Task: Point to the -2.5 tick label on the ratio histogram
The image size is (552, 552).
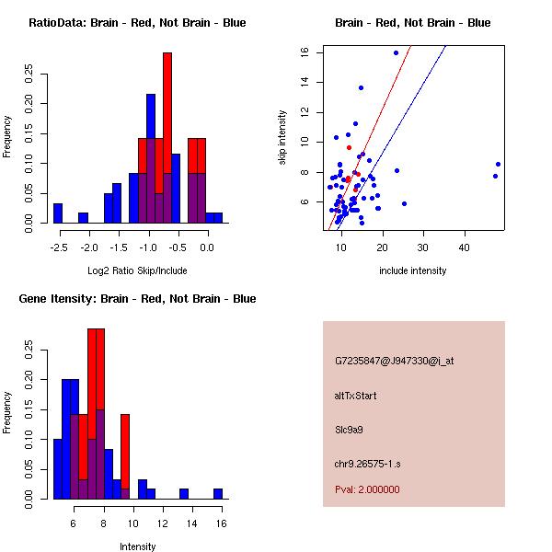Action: click(x=58, y=247)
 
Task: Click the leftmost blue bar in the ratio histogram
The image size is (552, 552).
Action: click(x=58, y=213)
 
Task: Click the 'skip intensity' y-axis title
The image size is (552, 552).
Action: click(x=282, y=138)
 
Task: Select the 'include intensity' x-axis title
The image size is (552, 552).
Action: click(x=412, y=271)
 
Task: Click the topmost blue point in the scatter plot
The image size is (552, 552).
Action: click(x=396, y=52)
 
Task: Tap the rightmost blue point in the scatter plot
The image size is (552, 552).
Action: click(x=498, y=164)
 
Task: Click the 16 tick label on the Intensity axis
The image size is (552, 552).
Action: click(x=219, y=523)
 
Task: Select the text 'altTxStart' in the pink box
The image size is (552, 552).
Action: click(x=356, y=396)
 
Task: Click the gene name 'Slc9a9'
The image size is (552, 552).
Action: click(x=351, y=429)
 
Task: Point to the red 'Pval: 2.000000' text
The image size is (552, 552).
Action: click(x=367, y=489)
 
